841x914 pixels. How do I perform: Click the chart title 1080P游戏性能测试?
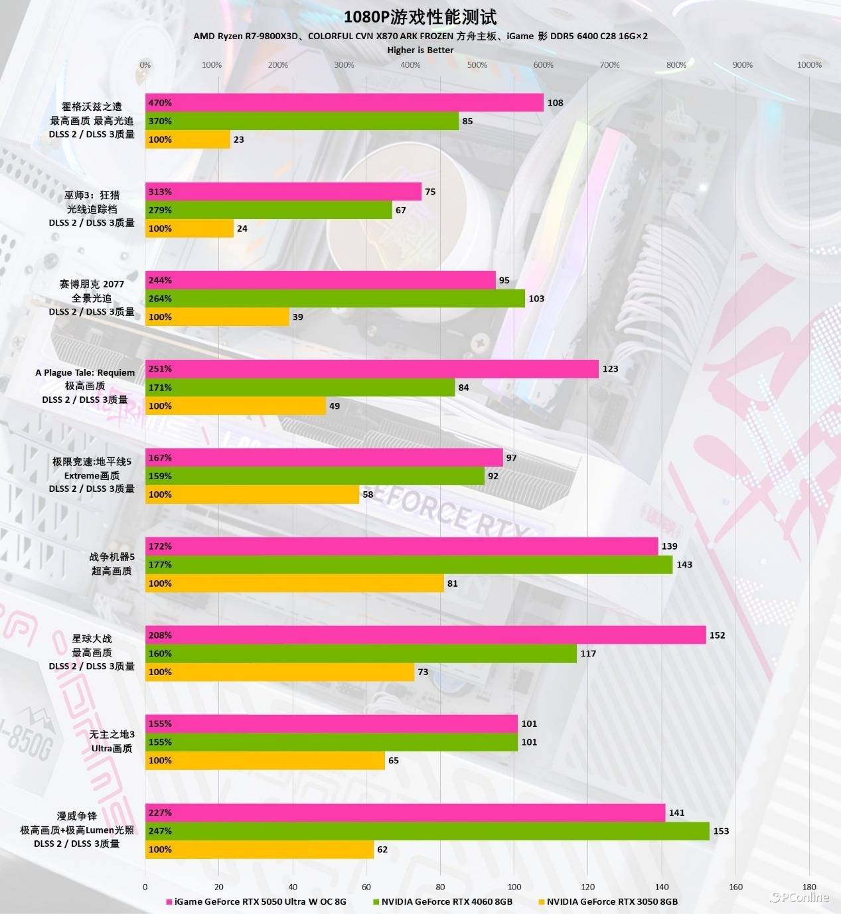click(420, 17)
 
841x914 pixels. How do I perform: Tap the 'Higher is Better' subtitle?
click(420, 50)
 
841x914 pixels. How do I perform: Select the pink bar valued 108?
click(344, 103)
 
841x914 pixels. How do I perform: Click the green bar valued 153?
click(427, 831)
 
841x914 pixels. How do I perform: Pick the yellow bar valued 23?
click(188, 139)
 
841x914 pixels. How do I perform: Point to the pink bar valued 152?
click(425, 635)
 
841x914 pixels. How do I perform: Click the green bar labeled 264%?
click(335, 299)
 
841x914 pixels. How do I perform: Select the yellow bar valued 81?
click(294, 583)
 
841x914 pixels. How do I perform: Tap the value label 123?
click(610, 369)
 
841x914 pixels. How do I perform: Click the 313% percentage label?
click(160, 192)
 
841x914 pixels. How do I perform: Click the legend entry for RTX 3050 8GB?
click(611, 901)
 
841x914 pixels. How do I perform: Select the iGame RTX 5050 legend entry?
click(260, 901)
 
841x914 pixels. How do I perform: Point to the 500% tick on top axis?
click(477, 65)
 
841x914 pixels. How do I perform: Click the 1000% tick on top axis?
click(808, 65)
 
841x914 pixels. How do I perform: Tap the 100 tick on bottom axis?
click(514, 887)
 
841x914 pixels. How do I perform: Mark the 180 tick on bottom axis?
click(809, 887)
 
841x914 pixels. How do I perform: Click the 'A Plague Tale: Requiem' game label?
click(85, 372)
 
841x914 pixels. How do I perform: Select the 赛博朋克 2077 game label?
click(92, 284)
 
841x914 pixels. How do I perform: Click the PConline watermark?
click(800, 897)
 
